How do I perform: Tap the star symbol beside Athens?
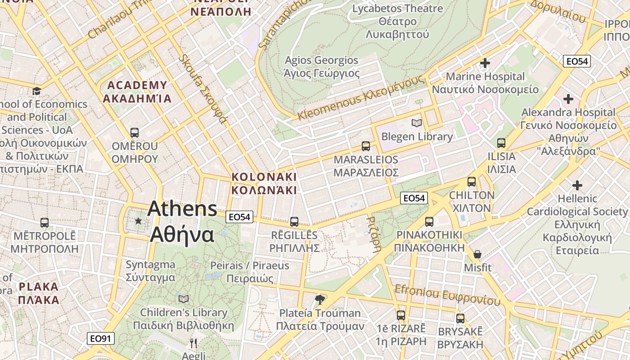pos(138,221)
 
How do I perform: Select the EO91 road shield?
pos(101,338)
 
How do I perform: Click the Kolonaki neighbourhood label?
pos(264,183)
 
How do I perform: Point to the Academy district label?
pos(137,92)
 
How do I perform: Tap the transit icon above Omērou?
pos(134,133)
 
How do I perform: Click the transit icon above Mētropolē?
pos(44,223)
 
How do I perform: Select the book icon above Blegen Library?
pos(417,123)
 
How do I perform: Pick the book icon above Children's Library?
pos(183,299)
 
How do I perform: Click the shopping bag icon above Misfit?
pos(477,254)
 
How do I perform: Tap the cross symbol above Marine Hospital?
pos(485,63)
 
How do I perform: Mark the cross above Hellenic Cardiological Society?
pos(577,185)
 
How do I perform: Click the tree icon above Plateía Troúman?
pos(320,299)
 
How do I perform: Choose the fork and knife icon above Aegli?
pos(193,343)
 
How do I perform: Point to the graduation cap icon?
pos(36,91)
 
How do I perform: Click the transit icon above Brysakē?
pos(460,319)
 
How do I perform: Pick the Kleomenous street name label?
pos(361,98)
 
